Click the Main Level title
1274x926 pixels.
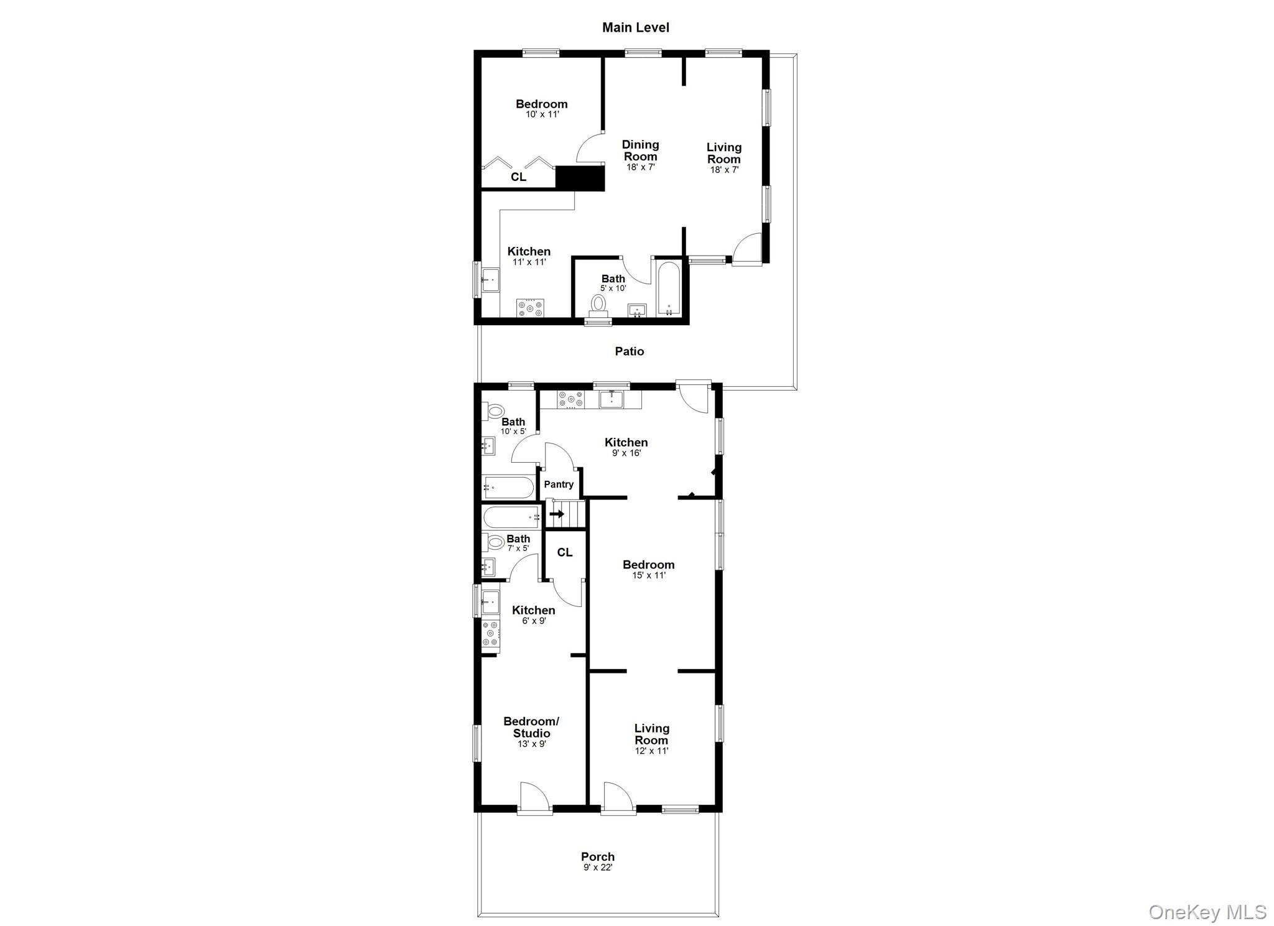(x=635, y=27)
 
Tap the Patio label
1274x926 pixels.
(x=629, y=351)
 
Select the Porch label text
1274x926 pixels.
(x=597, y=856)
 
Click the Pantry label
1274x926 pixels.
(x=559, y=484)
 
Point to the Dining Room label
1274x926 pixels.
(x=640, y=150)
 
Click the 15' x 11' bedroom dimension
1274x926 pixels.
(x=648, y=576)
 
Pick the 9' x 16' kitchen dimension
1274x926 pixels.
(x=626, y=453)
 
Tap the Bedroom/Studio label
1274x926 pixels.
(x=531, y=727)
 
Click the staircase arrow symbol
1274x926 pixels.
(x=557, y=514)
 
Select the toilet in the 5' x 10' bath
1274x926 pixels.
(x=598, y=304)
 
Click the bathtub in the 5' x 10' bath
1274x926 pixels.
(x=669, y=290)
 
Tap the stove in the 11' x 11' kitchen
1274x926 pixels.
(x=530, y=308)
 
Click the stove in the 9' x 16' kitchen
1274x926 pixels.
(x=570, y=399)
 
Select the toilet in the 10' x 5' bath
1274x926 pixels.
(x=495, y=410)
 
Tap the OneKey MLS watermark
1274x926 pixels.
(x=1207, y=912)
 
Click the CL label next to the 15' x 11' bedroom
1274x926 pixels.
(x=564, y=552)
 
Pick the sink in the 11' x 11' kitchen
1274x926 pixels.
(x=490, y=280)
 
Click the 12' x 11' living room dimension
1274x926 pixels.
(x=651, y=751)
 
